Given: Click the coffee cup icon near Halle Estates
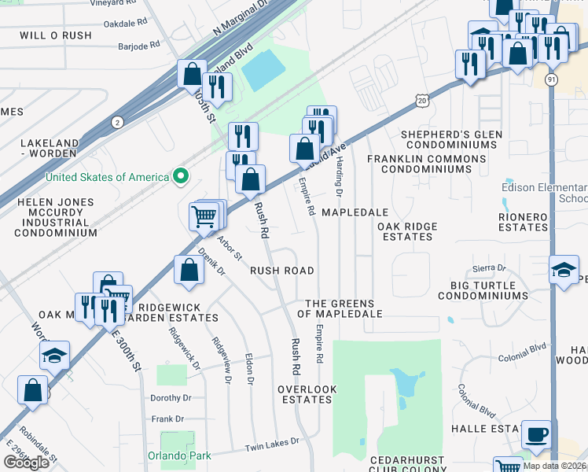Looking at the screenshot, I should tap(537, 434).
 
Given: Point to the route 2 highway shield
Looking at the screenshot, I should tap(117, 122).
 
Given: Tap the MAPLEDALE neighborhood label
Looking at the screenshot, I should tap(355, 213).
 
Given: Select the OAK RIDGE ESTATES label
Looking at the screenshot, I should tap(406, 231).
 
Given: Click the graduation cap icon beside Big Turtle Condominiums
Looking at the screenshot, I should tap(564, 271).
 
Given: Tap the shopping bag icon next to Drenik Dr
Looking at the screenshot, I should tap(189, 271).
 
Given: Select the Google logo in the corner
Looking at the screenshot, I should tap(26, 462).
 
